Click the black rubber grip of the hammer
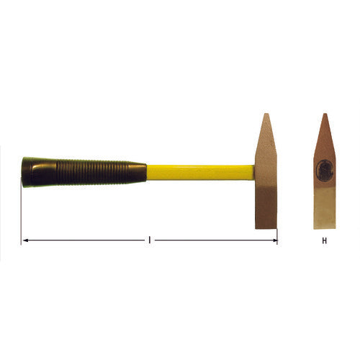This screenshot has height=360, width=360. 79,172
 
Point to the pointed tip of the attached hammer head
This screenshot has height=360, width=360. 265,114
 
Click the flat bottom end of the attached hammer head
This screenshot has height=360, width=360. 266,227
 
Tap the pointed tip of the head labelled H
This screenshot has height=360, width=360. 324,114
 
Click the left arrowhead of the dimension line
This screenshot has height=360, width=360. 24,240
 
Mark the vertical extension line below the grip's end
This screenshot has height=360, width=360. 21,216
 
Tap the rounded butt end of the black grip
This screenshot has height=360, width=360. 24,172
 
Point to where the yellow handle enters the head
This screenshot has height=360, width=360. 254,173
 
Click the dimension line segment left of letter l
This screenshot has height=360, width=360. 86,240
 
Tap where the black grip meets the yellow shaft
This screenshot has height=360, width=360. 146,173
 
